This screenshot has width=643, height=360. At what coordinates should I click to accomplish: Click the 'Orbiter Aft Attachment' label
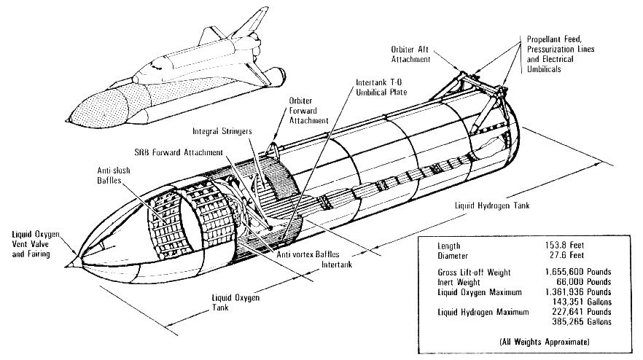pos(410,54)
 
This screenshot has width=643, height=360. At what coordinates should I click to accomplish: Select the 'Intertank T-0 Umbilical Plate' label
pos(381,87)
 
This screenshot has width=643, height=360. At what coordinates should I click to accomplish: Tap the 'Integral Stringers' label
pos(222,131)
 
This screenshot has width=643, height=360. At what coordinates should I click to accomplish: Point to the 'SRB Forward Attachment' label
pos(179,152)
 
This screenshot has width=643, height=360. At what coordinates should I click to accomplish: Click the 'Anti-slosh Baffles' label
pos(114,175)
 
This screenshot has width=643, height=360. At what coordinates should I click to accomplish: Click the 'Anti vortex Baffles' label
pos(308,254)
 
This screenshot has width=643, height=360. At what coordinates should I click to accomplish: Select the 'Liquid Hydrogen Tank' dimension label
pos(492,206)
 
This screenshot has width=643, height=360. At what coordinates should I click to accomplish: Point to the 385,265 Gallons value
pos(582,322)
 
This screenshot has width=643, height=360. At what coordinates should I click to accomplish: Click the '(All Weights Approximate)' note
pos(545,342)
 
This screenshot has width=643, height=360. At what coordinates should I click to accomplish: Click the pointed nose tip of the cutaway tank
pos(66,266)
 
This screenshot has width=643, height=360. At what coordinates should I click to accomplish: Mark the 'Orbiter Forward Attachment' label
pos(309,111)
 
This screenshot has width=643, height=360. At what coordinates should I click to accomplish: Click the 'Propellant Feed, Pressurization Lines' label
pos(561,44)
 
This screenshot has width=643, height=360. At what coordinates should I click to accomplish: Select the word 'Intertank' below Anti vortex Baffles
pos(337,265)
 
